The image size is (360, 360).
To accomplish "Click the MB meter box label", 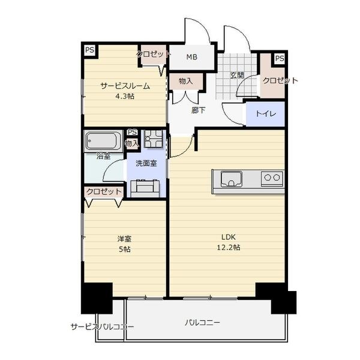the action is tap(192, 57).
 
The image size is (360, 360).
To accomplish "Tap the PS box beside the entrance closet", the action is tap(279, 59).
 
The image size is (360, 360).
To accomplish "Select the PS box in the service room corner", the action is tap(90, 50).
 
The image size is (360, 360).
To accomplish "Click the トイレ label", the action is tap(265, 113).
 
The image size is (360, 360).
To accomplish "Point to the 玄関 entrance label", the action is tap(237, 76).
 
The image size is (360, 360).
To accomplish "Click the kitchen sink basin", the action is tap(232, 179).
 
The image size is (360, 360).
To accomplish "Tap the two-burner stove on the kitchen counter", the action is tap(272, 178).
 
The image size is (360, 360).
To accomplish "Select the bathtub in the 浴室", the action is tap(103, 141).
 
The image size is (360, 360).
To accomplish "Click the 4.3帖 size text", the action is tap(125, 96).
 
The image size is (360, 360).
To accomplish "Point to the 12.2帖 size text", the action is tap(229, 247).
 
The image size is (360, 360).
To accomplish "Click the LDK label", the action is tap(229, 237).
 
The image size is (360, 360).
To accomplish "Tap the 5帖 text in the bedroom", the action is tap(125, 249).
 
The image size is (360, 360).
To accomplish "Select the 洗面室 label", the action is tap(146, 163).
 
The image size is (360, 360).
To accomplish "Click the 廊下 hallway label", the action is tap(199, 110).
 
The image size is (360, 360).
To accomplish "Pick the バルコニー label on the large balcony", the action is tap(203, 323).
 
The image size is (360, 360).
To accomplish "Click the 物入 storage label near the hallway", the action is tap(185, 81).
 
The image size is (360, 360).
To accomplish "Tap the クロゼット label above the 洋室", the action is tap(104, 191).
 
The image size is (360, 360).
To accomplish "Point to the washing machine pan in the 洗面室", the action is tap(154, 139).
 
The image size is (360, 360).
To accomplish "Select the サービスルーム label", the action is tap(125, 86).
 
